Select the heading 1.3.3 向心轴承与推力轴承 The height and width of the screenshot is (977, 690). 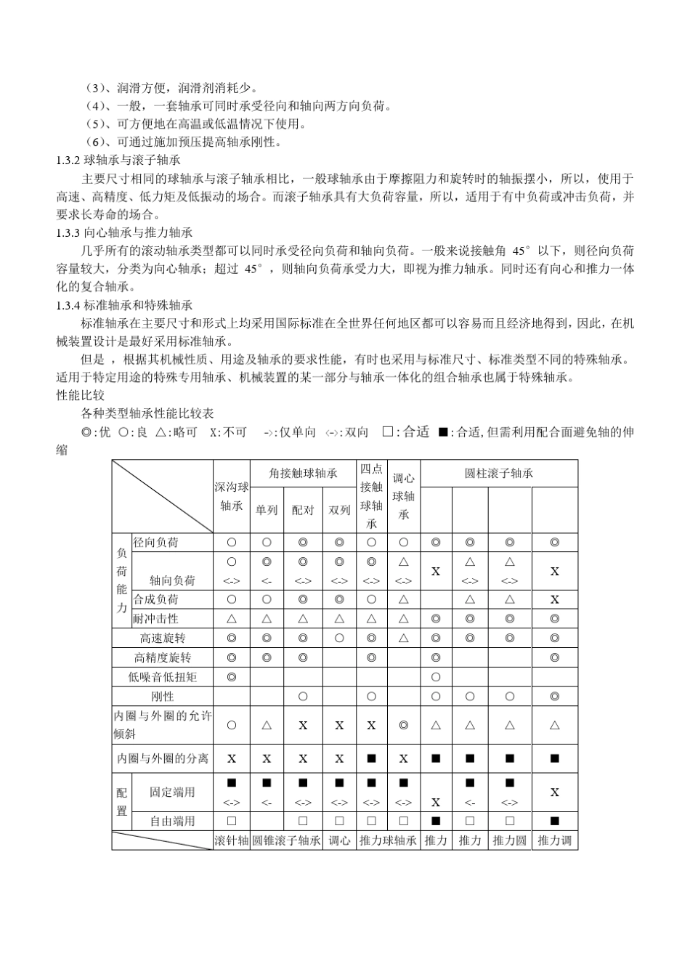tap(124, 232)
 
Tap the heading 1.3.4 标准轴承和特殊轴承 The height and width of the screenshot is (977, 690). tap(124, 305)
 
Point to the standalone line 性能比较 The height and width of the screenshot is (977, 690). tap(81, 396)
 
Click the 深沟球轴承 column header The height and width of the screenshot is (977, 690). tap(232, 496)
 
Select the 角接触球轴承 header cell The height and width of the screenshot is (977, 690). tap(303, 474)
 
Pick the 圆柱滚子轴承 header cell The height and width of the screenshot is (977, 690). tap(499, 474)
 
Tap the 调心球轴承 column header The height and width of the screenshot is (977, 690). tap(404, 496)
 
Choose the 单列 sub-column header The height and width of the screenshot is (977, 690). tap(267, 510)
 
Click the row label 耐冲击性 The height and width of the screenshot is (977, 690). tap(155, 619)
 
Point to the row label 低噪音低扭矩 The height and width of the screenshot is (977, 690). tap(163, 677)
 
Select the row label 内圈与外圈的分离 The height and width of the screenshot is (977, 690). tap(163, 758)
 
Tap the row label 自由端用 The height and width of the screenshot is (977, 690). tap(172, 821)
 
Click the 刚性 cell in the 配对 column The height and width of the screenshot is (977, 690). tap(303, 696)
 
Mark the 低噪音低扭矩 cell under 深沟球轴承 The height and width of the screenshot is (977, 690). tap(232, 677)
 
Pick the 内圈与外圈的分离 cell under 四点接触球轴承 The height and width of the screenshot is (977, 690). tap(371, 758)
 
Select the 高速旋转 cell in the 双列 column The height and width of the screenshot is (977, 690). tap(339, 638)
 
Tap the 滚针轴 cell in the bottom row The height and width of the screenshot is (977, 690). tap(232, 840)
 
